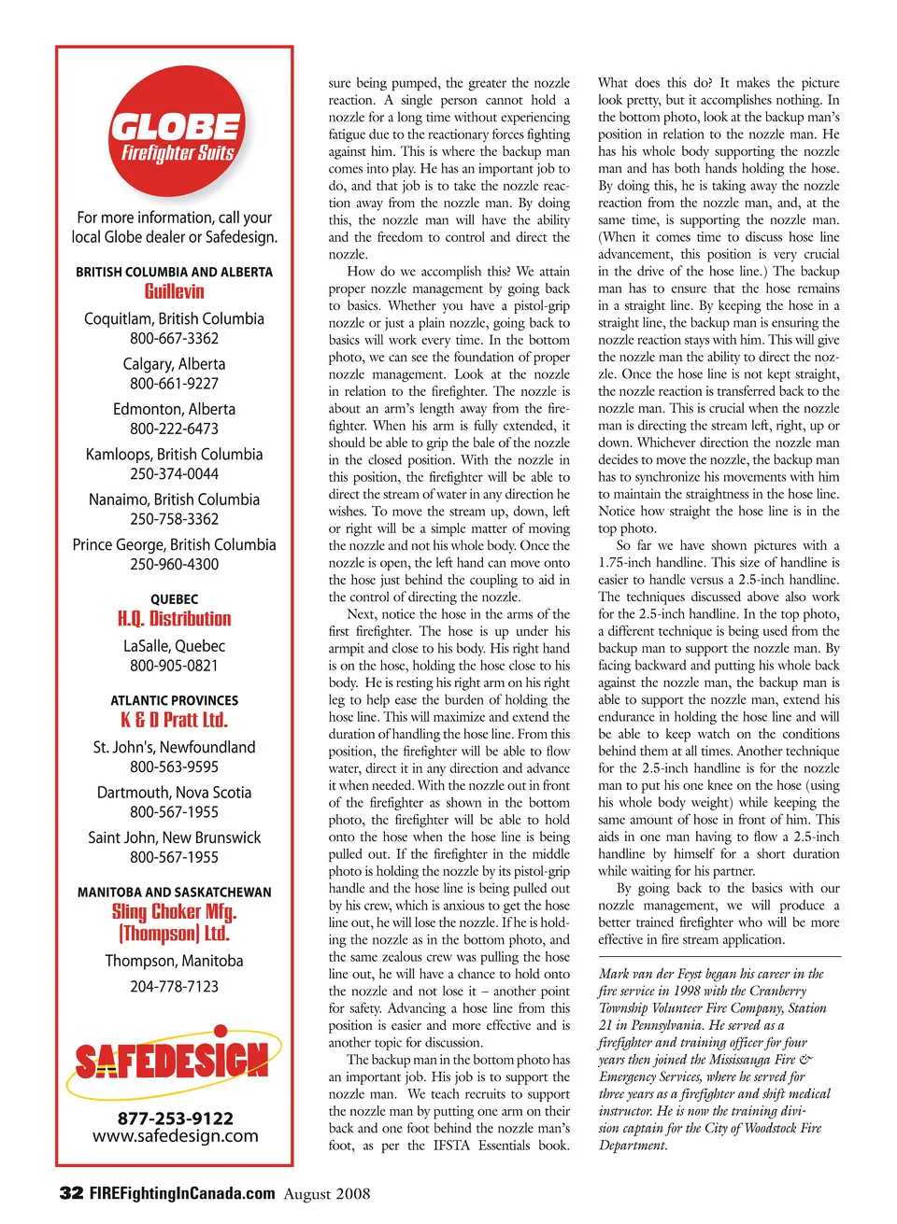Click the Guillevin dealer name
[x=174, y=291]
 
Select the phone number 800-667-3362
[x=174, y=338]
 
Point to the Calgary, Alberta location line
[x=174, y=363]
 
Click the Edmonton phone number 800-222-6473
[x=174, y=429]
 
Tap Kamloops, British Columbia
[x=174, y=454]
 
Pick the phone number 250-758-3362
[x=174, y=519]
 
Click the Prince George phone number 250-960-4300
[x=174, y=564]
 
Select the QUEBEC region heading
[x=174, y=599]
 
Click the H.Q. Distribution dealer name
[x=174, y=619]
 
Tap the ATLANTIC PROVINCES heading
[x=174, y=700]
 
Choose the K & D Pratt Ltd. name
[x=174, y=720]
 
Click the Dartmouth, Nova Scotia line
[x=174, y=792]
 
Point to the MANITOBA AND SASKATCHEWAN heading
[x=174, y=893]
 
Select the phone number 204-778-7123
[x=174, y=986]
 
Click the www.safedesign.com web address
[x=175, y=1136]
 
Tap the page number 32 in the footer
[x=71, y=1193]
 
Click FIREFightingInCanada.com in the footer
[x=182, y=1193]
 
